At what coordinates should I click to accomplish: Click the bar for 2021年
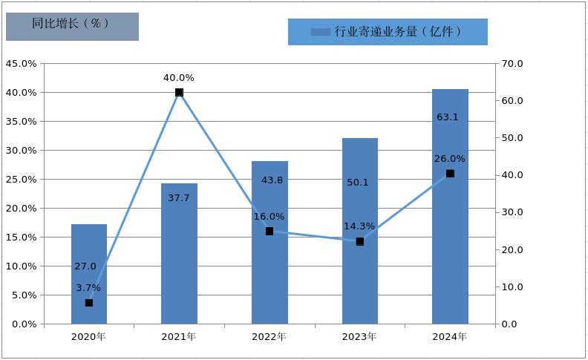[179, 252]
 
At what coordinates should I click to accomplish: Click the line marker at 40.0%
[179, 93]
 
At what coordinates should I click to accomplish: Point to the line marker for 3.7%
[89, 303]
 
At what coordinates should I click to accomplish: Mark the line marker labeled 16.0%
[269, 232]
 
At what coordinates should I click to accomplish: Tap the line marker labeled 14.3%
[360, 241]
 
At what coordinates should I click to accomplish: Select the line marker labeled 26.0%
[450, 174]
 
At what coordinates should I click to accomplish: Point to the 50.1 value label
[357, 182]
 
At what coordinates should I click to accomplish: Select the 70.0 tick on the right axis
[513, 64]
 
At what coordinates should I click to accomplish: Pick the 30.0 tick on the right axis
[513, 212]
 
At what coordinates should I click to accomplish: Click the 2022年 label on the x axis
[269, 337]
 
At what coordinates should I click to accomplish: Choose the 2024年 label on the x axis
[450, 337]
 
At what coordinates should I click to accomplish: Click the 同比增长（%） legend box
[72, 25]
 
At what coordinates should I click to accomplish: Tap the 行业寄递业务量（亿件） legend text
[398, 31]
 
